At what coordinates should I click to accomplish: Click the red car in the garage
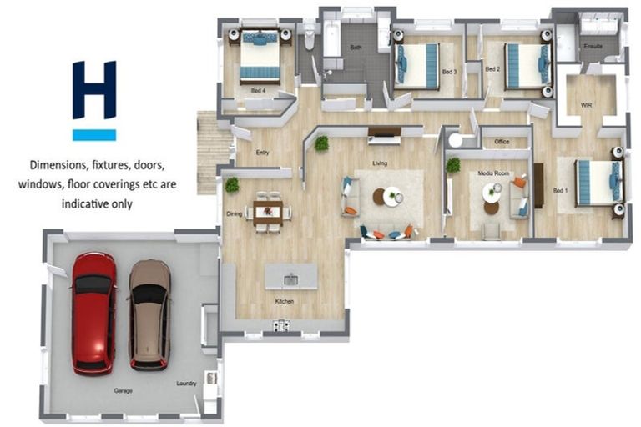click(x=93, y=312)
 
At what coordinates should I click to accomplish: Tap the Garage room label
click(x=124, y=390)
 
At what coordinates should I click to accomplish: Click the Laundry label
click(x=186, y=384)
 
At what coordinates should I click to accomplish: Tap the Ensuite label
click(x=593, y=46)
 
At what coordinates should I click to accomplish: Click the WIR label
click(x=586, y=106)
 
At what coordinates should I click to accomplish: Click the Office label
click(x=502, y=142)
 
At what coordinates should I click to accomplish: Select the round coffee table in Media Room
click(x=492, y=192)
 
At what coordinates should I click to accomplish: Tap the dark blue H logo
click(x=93, y=89)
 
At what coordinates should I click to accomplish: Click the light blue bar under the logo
click(x=93, y=134)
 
